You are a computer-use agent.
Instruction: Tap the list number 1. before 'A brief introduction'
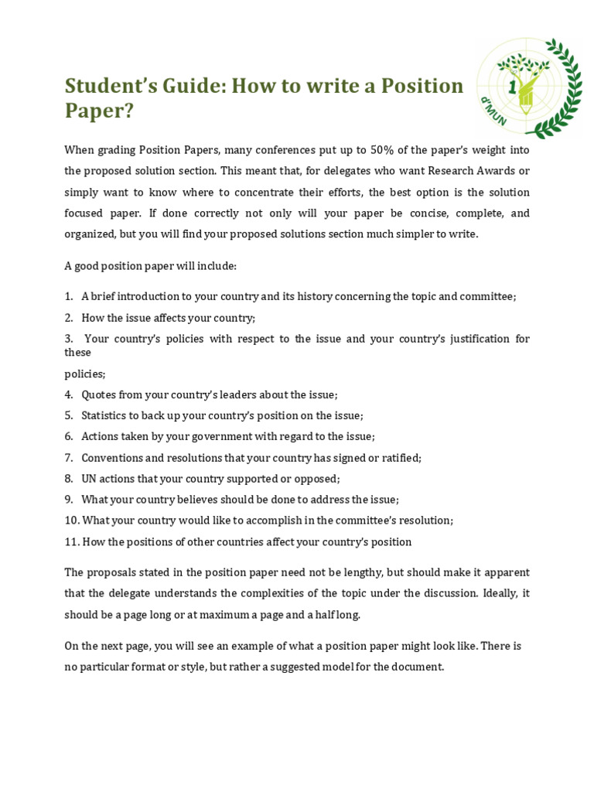pyautogui.click(x=69, y=297)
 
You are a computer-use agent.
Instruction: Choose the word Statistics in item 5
pyautogui.click(x=106, y=415)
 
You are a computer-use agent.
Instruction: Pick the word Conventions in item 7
pyautogui.click(x=113, y=458)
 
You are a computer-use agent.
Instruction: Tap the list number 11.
pyautogui.click(x=72, y=542)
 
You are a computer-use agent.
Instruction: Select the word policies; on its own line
pyautogui.click(x=84, y=374)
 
